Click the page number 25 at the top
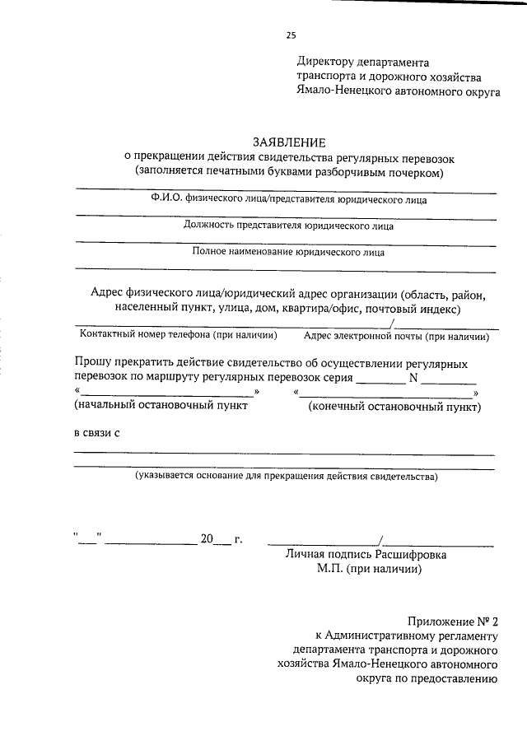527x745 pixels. tap(290, 35)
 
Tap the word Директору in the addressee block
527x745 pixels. tap(326, 62)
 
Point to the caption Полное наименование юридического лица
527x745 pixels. tap(288, 253)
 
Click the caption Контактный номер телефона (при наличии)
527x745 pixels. tap(178, 335)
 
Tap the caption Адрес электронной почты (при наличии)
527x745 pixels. tap(397, 336)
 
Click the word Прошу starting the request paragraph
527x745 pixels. tap(93, 363)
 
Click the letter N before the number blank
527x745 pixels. tap(414, 378)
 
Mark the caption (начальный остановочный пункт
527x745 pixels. tap(161, 406)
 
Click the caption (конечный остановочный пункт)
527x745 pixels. tap(394, 406)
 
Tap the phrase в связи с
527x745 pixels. tap(93, 434)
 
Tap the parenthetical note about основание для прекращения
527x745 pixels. tap(287, 476)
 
